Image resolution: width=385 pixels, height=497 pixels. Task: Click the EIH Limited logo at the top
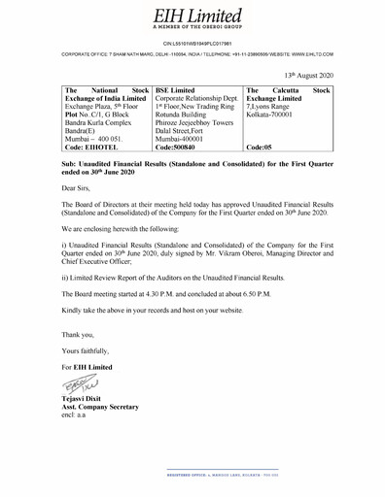click(192, 14)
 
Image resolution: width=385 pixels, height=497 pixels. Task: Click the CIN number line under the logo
click(192, 45)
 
